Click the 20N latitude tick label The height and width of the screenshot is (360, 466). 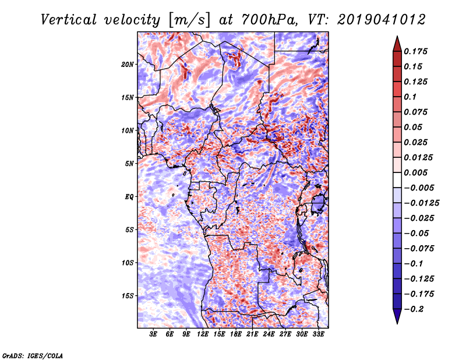pos(127,64)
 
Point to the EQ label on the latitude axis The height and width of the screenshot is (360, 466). pos(129,197)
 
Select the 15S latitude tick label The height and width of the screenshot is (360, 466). pos(127,296)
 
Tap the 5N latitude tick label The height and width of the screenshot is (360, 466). pos(129,164)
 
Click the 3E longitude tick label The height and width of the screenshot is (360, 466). pos(153,334)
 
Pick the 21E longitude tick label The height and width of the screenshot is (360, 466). pos(252,334)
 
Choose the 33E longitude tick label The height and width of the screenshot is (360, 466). pos(318,334)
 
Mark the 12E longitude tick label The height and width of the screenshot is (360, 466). pos(203,334)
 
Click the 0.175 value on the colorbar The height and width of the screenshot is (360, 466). pos(415,51)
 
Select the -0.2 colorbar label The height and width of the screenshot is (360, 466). pos(414,309)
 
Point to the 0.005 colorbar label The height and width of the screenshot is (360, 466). pos(415,172)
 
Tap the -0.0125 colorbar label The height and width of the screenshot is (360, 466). pos(421,203)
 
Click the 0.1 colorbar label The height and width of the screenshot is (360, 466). pos(410,97)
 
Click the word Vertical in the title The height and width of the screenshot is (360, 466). pos(69,20)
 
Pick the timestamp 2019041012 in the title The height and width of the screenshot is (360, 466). pos(382,20)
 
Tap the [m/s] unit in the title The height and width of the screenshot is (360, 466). pos(189,20)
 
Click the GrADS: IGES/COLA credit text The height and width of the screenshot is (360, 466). pos(33,355)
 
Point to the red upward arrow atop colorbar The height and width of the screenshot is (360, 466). pos(397,44)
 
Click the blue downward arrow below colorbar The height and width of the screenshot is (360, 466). pos(397,316)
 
